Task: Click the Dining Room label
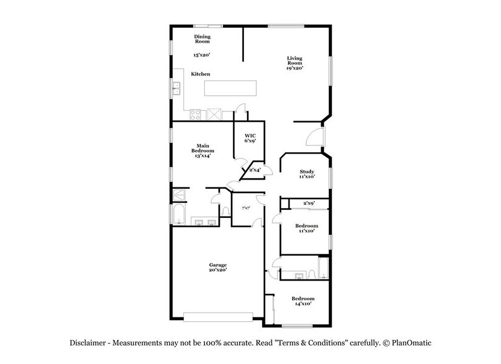(203, 40)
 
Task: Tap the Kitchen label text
(200, 74)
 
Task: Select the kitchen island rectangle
(230, 88)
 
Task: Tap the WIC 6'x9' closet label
(250, 137)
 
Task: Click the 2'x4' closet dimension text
(255, 169)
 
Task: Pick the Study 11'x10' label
(307, 174)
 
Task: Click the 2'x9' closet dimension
(309, 203)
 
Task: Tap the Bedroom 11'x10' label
(307, 228)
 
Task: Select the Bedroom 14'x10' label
(304, 301)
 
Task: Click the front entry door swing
(315, 136)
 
